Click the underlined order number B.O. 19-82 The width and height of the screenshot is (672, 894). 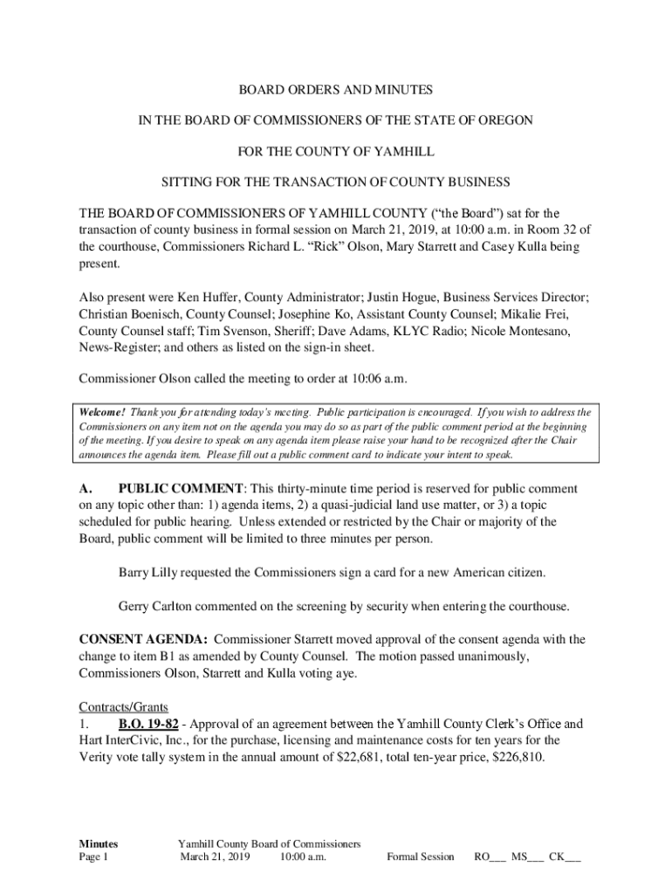tap(148, 724)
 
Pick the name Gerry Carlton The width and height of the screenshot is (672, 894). tap(155, 606)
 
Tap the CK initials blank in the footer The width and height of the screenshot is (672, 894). tap(565, 856)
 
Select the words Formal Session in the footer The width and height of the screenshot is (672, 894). tap(421, 856)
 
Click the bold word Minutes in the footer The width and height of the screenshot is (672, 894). tap(99, 843)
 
